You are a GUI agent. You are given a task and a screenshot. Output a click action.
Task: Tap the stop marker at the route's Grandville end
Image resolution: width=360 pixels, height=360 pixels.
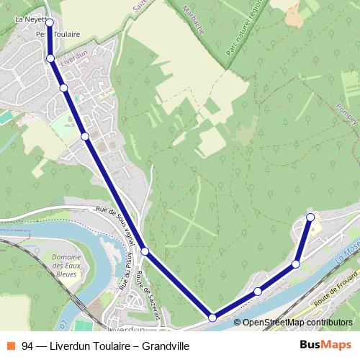[310, 217]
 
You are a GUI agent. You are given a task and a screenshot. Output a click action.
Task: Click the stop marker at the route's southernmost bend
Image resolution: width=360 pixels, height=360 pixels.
[212, 317]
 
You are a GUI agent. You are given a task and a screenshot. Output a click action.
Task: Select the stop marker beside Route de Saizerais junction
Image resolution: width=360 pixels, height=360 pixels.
[145, 251]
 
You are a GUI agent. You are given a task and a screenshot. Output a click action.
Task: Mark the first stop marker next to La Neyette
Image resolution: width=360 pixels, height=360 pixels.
[50, 22]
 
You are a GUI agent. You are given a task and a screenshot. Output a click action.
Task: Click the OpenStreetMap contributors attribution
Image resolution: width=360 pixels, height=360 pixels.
[297, 323]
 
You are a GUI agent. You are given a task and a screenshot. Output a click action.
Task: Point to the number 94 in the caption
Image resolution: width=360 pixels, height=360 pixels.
[27, 346]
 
